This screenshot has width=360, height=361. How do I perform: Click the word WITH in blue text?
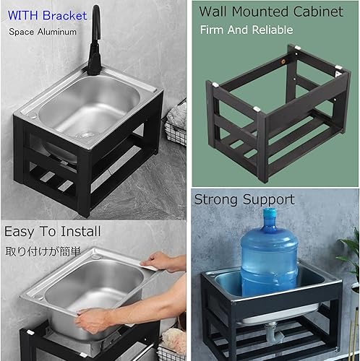[x=23, y=16]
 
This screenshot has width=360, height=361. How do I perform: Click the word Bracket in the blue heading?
[x=64, y=16]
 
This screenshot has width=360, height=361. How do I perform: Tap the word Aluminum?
[x=57, y=32]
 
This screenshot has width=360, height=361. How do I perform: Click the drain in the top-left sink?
[x=86, y=135]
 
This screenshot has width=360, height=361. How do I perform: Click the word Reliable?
[x=273, y=30]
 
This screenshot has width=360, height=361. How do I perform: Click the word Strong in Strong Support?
[x=216, y=200]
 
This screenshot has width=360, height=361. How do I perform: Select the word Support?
[x=268, y=201]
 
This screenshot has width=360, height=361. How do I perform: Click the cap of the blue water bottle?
[x=270, y=213]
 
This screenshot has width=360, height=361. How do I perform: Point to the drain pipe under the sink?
[x=275, y=334]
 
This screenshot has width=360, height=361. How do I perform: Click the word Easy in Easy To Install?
[x=20, y=232]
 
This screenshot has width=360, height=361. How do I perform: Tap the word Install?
[x=80, y=231]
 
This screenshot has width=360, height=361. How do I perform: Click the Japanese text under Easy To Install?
[x=43, y=251]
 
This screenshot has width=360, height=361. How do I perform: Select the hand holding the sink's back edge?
[x=159, y=261]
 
